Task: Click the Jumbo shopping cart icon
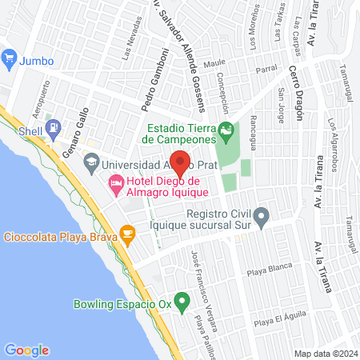[x=10, y=58]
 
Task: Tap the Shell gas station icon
[x=53, y=126]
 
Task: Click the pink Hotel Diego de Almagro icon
[x=115, y=186]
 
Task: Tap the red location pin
[x=181, y=162]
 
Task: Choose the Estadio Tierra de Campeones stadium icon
[x=227, y=130]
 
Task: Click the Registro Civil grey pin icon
[x=262, y=216]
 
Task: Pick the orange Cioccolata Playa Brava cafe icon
[x=126, y=234]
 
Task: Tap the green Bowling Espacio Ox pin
[x=182, y=302]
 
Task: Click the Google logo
[x=27, y=350]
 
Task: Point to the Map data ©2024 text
[x=324, y=354]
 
